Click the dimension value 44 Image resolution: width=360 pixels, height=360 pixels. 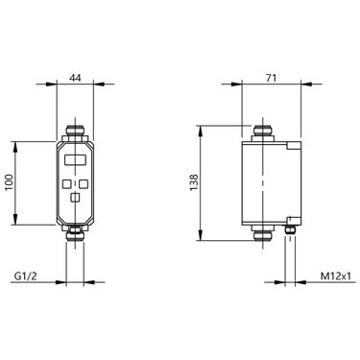pyautogui.click(x=76, y=78)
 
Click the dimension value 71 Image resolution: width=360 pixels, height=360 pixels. pyautogui.click(x=271, y=78)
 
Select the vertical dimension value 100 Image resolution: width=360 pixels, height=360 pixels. pyautogui.click(x=10, y=182)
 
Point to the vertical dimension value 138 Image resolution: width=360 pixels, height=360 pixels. pyautogui.click(x=194, y=182)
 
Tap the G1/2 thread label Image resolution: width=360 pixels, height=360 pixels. pyautogui.click(x=26, y=276)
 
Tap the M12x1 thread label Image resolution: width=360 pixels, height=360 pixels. pyautogui.click(x=333, y=276)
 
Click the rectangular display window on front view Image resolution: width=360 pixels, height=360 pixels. pyautogui.click(x=75, y=159)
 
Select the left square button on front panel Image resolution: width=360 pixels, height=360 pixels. pyautogui.click(x=67, y=183)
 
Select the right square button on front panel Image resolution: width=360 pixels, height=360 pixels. pyautogui.click(x=84, y=183)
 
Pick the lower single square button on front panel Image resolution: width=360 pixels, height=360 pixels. pyautogui.click(x=75, y=198)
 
